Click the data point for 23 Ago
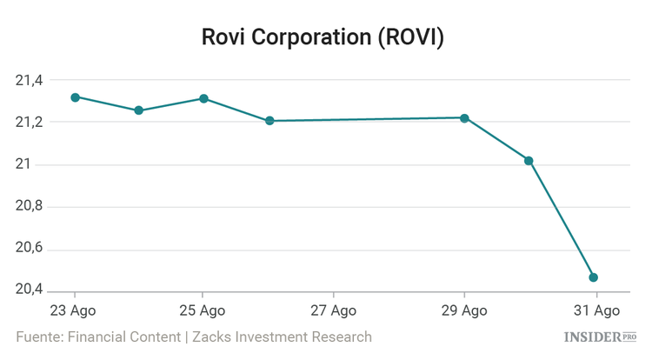click(x=75, y=97)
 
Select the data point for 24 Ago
click(x=138, y=110)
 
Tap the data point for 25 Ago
click(x=203, y=98)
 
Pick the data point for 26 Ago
click(x=269, y=121)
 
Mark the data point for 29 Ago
click(x=464, y=118)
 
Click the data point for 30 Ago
click(x=529, y=161)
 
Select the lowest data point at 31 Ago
click(x=593, y=277)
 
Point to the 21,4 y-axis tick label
click(x=29, y=81)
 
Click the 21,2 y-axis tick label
click(x=29, y=123)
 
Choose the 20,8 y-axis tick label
click(x=29, y=208)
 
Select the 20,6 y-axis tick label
click(x=29, y=250)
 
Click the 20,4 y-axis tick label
click(x=29, y=290)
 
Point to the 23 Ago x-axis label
click(x=74, y=310)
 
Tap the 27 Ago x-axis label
click(x=334, y=310)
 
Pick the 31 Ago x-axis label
click(x=595, y=310)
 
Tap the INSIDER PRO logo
click(x=601, y=337)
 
